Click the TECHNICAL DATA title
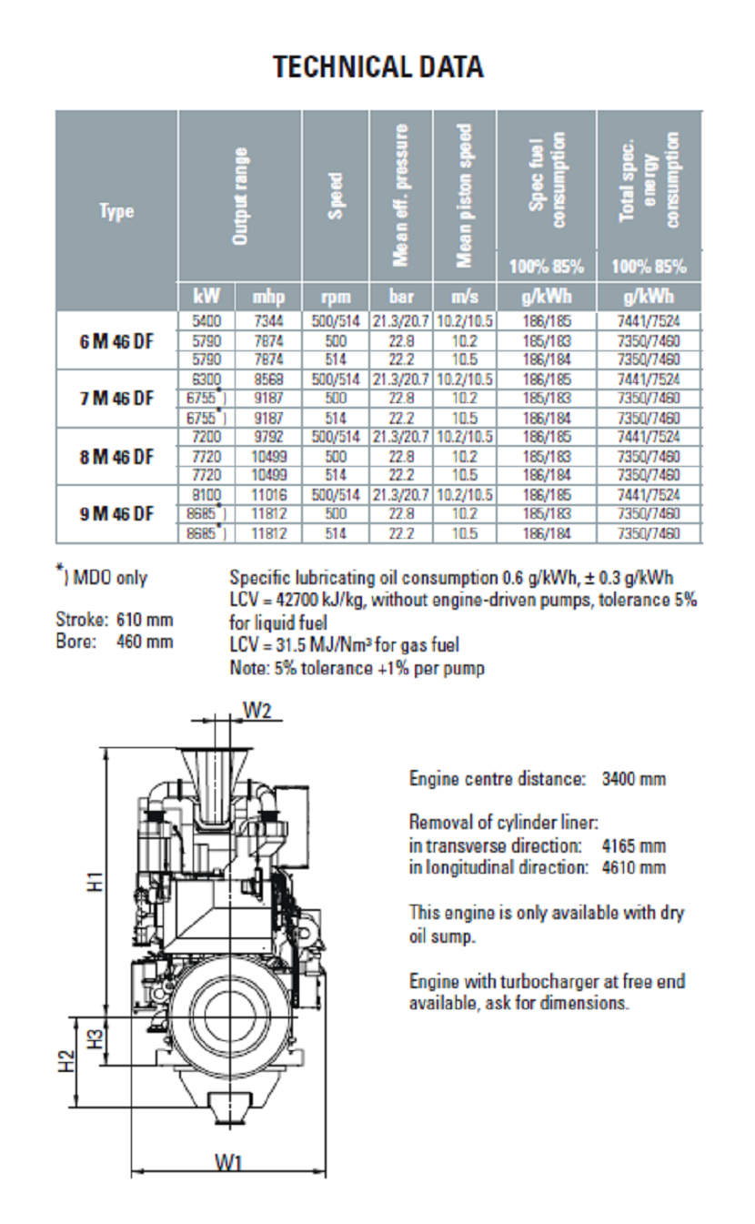pyautogui.click(x=377, y=67)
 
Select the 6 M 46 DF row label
pyautogui.click(x=116, y=339)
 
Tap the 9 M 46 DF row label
pyautogui.click(x=116, y=514)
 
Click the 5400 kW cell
pyautogui.click(x=206, y=320)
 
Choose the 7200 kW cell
pyautogui.click(x=206, y=438)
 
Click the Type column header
pyautogui.click(x=116, y=212)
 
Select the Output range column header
pyautogui.click(x=240, y=195)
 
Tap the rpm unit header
pyautogui.click(x=335, y=297)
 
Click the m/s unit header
pyautogui.click(x=464, y=297)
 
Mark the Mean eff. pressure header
pyautogui.click(x=399, y=195)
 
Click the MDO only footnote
pyautogui.click(x=102, y=577)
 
